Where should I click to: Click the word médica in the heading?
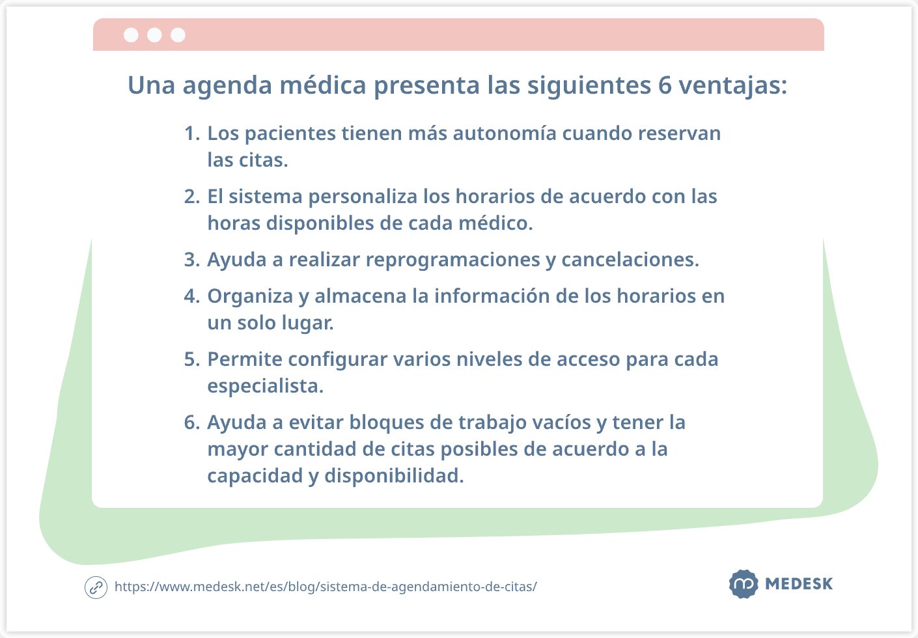(322, 85)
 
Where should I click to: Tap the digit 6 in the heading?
(665, 86)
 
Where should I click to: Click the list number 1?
(192, 133)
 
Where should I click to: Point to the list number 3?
(192, 260)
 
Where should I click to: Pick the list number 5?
(192, 359)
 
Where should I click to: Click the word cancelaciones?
(630, 259)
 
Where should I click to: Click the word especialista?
(265, 387)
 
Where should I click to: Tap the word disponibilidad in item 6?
(394, 476)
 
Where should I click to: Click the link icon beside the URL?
(96, 588)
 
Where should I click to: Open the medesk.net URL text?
(326, 587)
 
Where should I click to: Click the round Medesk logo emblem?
(744, 584)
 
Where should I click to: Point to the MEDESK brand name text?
(799, 584)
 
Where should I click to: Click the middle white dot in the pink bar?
(154, 35)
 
